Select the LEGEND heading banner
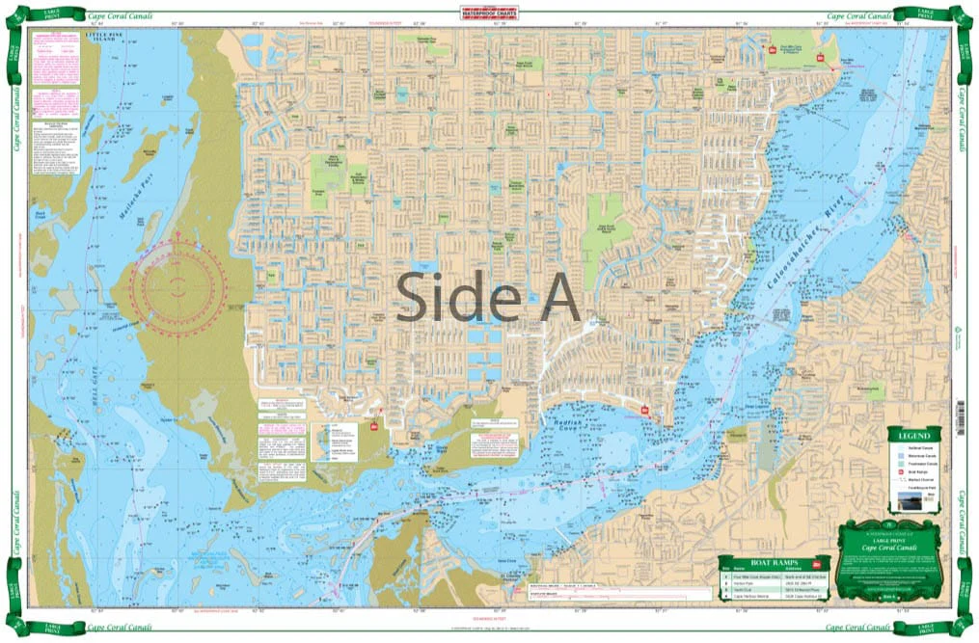pos(915,435)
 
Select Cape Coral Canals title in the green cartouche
pos(892,548)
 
